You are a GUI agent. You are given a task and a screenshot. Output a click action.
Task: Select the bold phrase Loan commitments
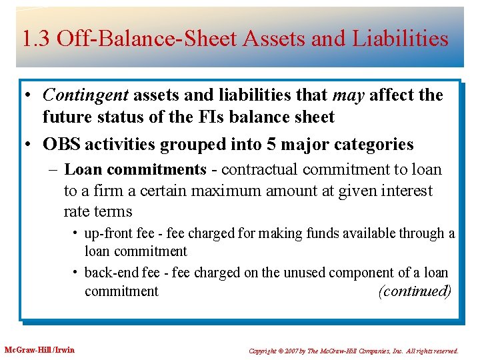pyautogui.click(x=135, y=169)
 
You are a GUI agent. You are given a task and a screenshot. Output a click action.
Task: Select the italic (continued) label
pyautogui.click(x=414, y=291)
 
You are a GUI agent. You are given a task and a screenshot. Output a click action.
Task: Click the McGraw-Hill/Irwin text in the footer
pyautogui.click(x=39, y=350)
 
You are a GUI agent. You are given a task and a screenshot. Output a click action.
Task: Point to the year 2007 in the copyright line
pyautogui.click(x=293, y=351)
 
